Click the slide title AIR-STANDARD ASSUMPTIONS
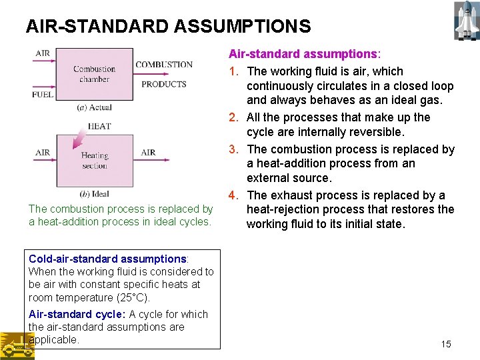coord(168,26)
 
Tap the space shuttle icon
coord(465,20)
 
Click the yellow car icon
coord(17,345)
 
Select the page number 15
coord(446,344)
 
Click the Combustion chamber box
coord(94,73)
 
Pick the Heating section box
coord(94,160)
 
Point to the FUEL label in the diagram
coord(43,95)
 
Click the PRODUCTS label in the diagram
coord(163,84)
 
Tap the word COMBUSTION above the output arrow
coord(164,65)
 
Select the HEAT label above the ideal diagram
coord(99,126)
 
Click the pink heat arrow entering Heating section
coord(79,139)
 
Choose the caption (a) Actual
coord(94,107)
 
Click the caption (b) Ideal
coord(94,194)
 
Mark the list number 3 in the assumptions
coord(233,149)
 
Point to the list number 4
coord(233,195)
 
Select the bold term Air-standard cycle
coord(76,314)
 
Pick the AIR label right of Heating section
coord(148,153)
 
